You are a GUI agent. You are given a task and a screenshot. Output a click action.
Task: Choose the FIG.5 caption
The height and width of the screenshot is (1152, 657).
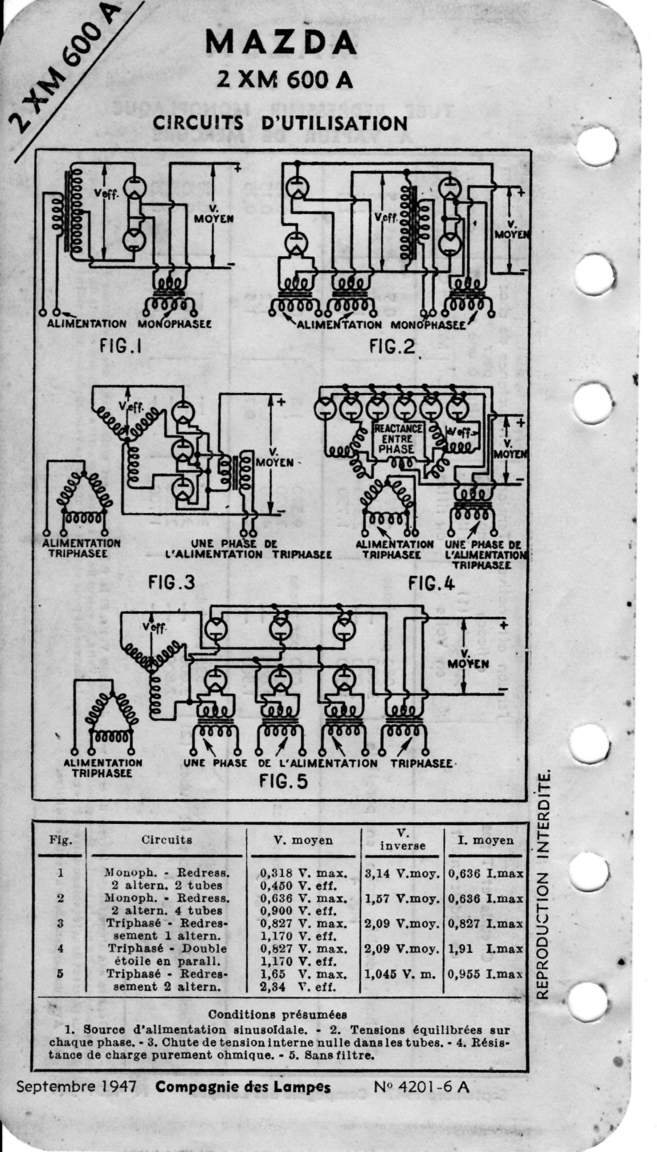click(283, 781)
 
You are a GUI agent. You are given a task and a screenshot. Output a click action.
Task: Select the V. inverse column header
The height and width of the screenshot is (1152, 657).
click(402, 839)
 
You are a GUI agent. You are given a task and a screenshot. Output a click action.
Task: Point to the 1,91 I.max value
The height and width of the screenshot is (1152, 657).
click(485, 949)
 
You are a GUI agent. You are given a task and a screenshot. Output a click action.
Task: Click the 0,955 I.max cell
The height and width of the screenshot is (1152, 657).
click(485, 974)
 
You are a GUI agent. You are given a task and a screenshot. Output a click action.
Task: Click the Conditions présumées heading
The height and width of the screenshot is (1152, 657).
click(278, 1014)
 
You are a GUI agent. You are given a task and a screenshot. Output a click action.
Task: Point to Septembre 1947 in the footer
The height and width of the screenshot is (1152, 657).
click(76, 1087)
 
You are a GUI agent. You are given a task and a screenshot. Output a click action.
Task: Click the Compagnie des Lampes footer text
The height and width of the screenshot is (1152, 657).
click(243, 1087)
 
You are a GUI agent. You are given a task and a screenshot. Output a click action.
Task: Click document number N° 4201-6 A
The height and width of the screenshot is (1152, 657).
click(422, 1087)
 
